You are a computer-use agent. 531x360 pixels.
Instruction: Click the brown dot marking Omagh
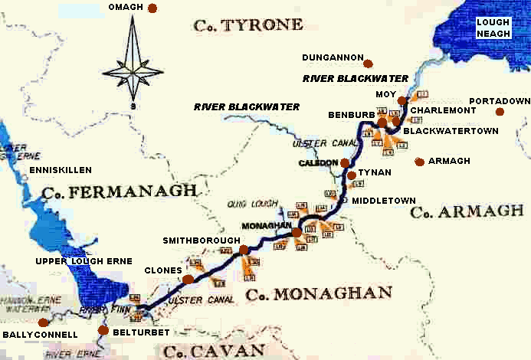(x=152, y=8)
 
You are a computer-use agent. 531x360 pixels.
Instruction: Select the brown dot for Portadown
(x=500, y=112)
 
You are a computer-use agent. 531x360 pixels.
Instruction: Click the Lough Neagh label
(x=493, y=28)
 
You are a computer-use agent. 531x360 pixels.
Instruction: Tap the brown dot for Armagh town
(x=419, y=162)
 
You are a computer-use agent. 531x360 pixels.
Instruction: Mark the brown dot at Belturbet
(x=103, y=330)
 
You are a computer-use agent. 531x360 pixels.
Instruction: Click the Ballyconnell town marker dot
(x=44, y=322)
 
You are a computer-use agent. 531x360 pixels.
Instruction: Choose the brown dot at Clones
(x=188, y=280)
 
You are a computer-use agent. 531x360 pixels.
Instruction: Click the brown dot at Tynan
(x=352, y=175)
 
